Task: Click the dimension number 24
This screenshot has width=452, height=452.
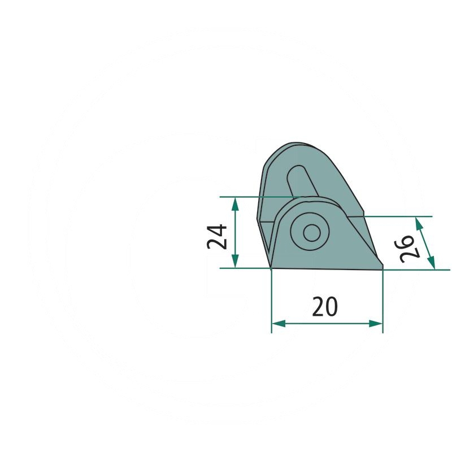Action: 217,237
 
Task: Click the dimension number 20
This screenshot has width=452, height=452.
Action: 324,306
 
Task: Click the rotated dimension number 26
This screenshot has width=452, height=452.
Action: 407,249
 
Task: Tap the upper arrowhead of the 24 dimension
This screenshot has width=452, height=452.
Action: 235,204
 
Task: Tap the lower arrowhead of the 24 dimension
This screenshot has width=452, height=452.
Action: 235,261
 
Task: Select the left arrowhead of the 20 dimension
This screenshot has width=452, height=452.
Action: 279,323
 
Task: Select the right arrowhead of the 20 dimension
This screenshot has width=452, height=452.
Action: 376,323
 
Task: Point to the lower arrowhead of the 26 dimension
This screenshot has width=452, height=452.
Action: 431,263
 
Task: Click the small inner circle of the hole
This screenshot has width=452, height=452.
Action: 312,233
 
